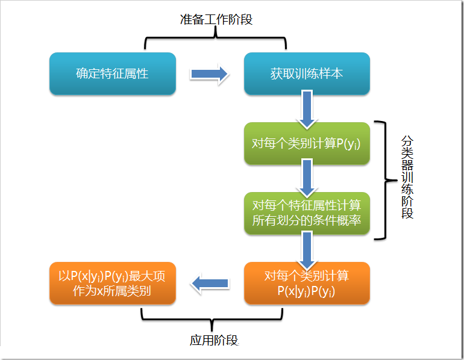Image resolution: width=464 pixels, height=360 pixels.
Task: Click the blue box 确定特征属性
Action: pos(112,73)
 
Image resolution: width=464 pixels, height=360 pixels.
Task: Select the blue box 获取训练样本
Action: pos(307,73)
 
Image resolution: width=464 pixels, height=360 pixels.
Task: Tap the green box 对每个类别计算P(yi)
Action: pos(307,144)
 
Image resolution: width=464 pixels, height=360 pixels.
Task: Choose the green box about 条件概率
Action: pos(307,213)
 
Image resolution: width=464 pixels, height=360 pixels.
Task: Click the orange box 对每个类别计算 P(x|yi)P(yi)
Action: pos(307,284)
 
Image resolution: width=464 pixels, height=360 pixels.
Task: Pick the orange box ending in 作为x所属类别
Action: pos(112,284)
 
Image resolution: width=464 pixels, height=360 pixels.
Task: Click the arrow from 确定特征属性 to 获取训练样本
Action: pos(209,74)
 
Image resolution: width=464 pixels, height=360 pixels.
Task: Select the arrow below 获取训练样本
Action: pos(307,108)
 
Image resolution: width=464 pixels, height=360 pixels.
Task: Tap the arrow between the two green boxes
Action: pos(307,178)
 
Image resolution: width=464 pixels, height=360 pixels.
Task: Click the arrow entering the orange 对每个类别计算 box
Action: pos(307,249)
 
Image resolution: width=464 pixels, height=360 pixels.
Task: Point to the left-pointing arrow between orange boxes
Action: pos(210,283)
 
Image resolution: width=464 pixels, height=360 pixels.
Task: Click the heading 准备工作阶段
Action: pos(216,19)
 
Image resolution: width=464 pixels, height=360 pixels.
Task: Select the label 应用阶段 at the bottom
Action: pos(214,340)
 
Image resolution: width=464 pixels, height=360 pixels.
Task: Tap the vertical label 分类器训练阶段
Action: pos(407,176)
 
